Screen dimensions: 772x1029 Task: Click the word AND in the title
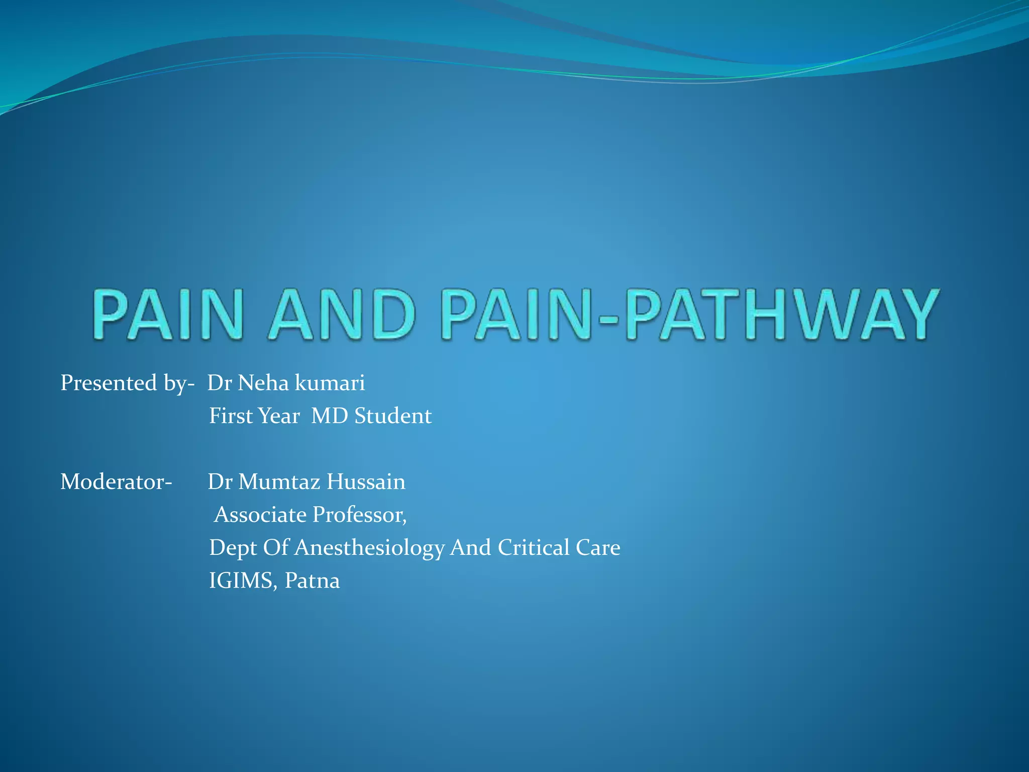[x=342, y=315]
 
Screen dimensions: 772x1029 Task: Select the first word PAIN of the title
[x=168, y=315]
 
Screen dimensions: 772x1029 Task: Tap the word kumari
[x=330, y=383]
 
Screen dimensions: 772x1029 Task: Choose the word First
[x=231, y=416]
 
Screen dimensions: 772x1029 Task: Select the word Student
[x=393, y=416]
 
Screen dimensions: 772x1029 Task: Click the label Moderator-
[x=116, y=482]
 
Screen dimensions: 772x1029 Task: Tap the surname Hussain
[x=366, y=482]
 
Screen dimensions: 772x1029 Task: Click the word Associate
[x=260, y=515]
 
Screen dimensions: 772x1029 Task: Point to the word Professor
[x=359, y=515]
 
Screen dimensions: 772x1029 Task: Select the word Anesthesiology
[x=369, y=548]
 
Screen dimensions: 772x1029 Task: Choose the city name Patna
[x=312, y=581]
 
